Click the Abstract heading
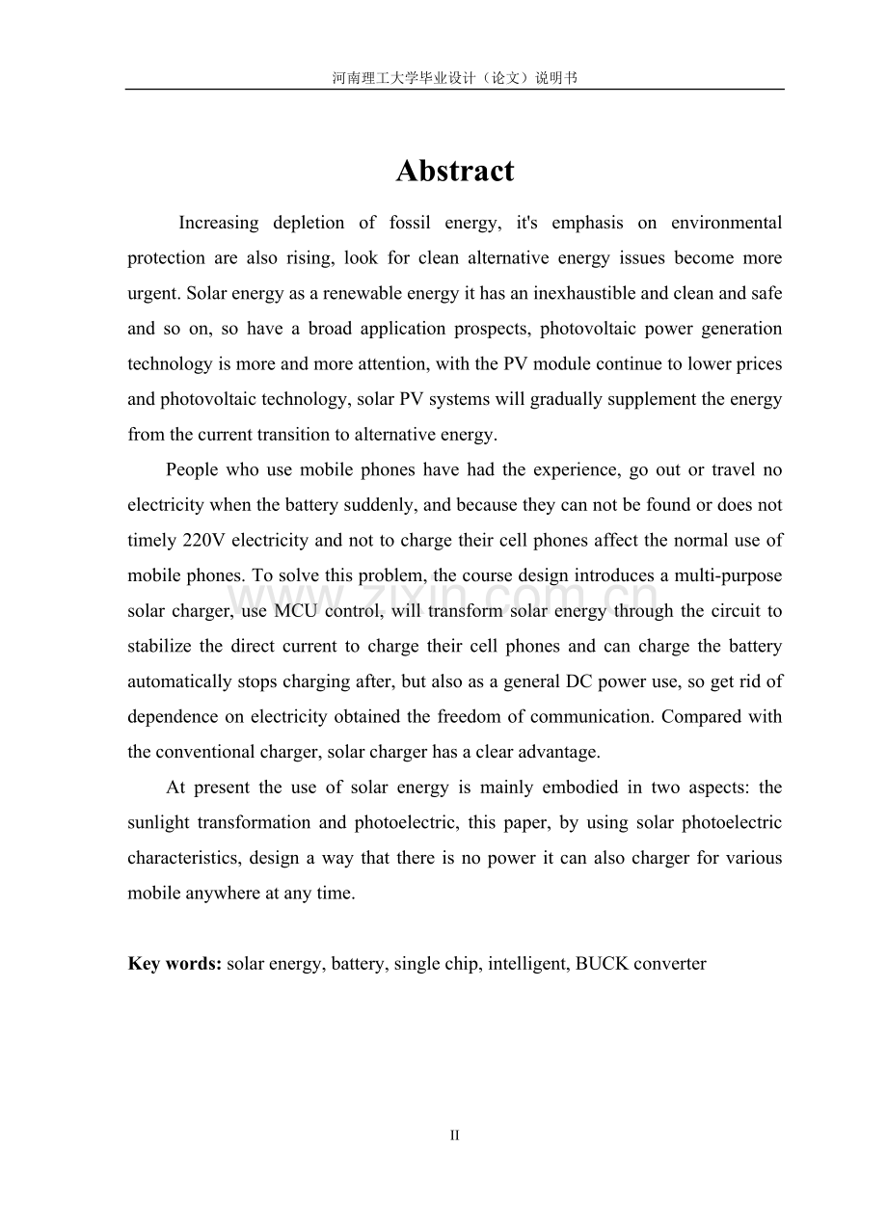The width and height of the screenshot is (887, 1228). click(x=454, y=171)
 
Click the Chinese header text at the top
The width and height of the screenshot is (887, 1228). click(x=454, y=78)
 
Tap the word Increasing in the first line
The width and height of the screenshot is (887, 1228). click(x=219, y=223)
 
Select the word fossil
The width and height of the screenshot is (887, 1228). click(x=410, y=223)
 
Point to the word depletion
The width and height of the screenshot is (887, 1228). click(x=309, y=223)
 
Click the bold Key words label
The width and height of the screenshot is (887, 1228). click(x=175, y=963)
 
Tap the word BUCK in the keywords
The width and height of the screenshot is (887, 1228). click(x=602, y=963)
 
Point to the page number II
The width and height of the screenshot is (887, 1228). click(x=454, y=1135)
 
